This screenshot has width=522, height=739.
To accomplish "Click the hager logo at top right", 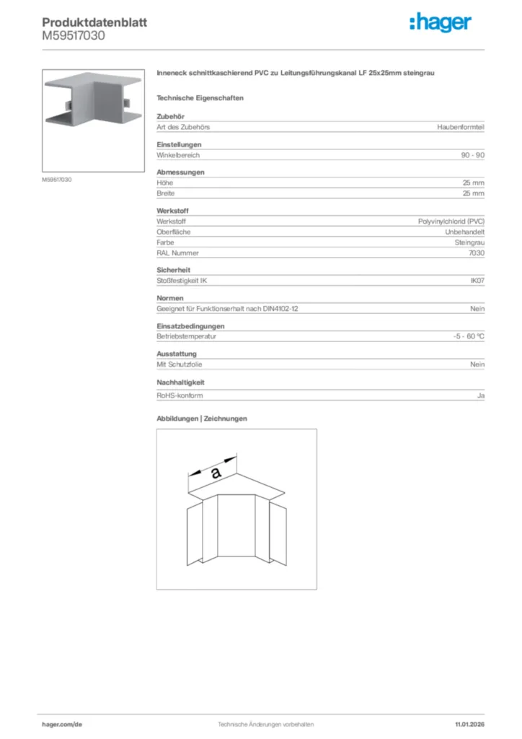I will pos(440,23).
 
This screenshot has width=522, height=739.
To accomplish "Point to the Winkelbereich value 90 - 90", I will pos(473,155).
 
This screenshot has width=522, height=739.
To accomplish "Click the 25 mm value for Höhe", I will pos(474,183).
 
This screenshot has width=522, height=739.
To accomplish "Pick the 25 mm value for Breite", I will pos(474,193).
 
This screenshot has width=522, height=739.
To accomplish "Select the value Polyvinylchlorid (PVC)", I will pos(451,222).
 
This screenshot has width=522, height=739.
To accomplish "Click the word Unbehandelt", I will pos(465,232).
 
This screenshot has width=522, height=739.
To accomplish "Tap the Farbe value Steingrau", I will pos(469,242).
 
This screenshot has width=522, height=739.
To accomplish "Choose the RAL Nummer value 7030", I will pos(477,253).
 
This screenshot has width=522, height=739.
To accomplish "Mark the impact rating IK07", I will pos(477,281).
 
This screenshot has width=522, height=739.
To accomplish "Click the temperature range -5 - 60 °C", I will pos(464,336).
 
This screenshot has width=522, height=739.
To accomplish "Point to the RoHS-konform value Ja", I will pos(481,395).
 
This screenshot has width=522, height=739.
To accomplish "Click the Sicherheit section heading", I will pos(173,270).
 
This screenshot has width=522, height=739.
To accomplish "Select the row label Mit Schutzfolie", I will pos(180,364).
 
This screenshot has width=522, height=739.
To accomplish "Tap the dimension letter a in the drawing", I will pos(216,473).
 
